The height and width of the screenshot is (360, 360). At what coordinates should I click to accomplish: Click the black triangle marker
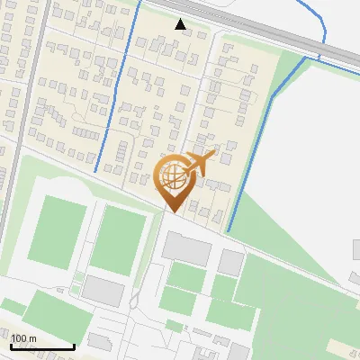(181, 24)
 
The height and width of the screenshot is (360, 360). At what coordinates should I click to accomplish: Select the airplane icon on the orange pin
(203, 163)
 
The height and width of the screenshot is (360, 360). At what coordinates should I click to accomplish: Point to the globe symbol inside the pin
(174, 175)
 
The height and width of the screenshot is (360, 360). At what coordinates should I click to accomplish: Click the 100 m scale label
(24, 338)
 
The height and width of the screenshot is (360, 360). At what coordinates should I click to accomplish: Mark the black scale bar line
(42, 346)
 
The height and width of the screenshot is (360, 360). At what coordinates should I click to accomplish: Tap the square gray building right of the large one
(231, 262)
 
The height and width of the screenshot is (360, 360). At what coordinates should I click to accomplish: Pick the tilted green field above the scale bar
(49, 315)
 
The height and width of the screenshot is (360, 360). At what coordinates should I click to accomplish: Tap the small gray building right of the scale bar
(99, 341)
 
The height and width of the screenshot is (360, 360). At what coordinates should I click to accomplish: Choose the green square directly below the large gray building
(185, 275)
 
